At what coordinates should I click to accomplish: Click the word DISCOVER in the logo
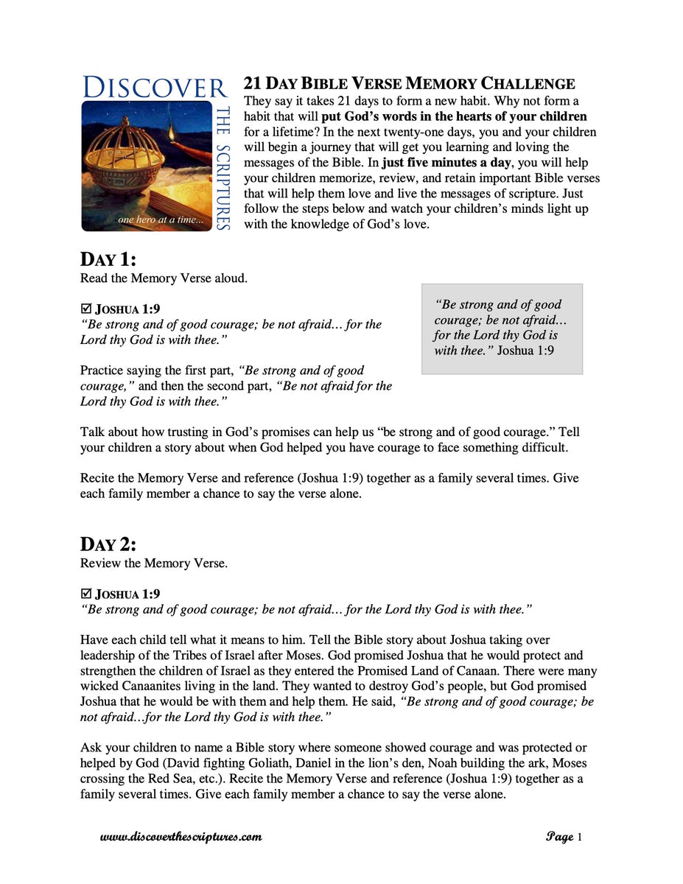point(155,87)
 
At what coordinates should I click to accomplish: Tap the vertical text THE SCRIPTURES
point(223,167)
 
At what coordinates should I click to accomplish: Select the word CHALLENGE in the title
point(528,84)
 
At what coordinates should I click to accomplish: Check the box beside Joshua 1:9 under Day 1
point(85,309)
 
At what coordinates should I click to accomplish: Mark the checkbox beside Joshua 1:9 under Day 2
point(85,594)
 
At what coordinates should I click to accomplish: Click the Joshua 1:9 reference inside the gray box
point(525,351)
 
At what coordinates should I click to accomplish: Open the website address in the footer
point(181,837)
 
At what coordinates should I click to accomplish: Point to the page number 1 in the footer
point(580,837)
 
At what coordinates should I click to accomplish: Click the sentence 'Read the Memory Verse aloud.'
point(164,278)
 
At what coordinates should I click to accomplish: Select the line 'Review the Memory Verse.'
point(154,564)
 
